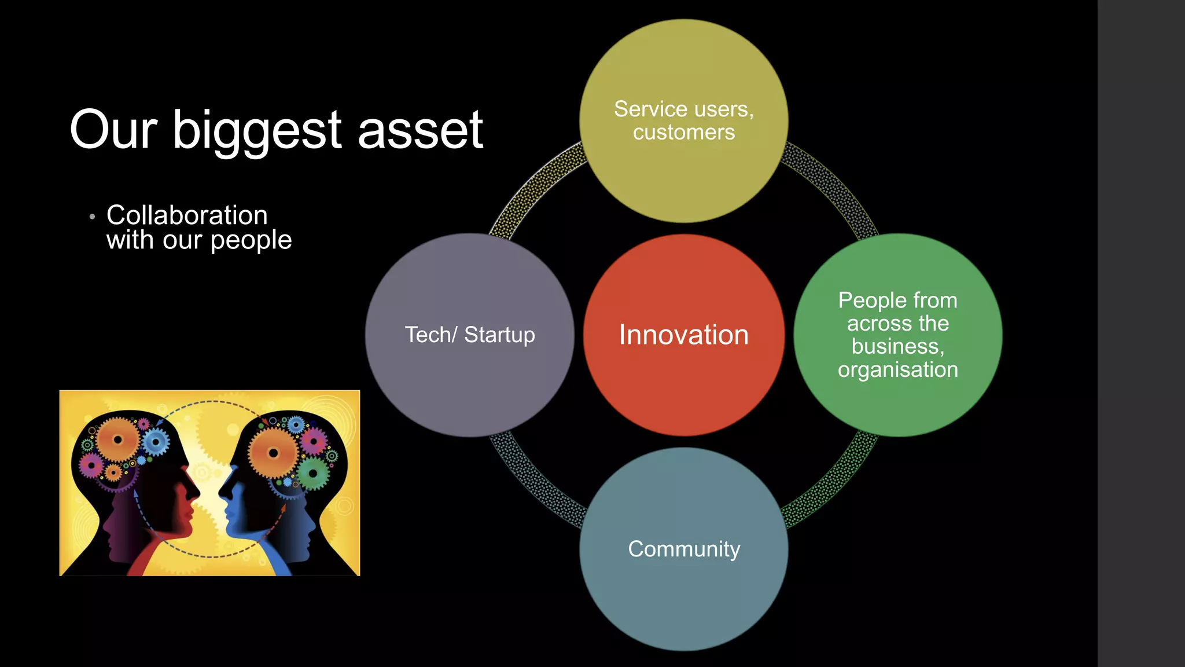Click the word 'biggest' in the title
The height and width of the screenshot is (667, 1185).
click(257, 131)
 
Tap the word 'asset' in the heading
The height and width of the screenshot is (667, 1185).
click(420, 131)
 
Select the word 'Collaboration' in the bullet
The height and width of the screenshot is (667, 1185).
click(187, 215)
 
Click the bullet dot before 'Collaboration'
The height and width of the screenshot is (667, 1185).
click(92, 217)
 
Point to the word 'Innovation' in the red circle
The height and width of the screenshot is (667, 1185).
click(683, 335)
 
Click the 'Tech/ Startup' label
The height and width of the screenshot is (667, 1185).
click(469, 335)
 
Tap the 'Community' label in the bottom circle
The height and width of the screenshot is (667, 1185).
click(684, 549)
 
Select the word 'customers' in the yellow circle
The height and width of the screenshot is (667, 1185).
click(684, 133)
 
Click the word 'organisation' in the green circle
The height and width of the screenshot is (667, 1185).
click(897, 369)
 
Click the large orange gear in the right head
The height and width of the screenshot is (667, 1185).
click(273, 453)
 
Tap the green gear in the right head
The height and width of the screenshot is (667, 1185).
click(313, 474)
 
